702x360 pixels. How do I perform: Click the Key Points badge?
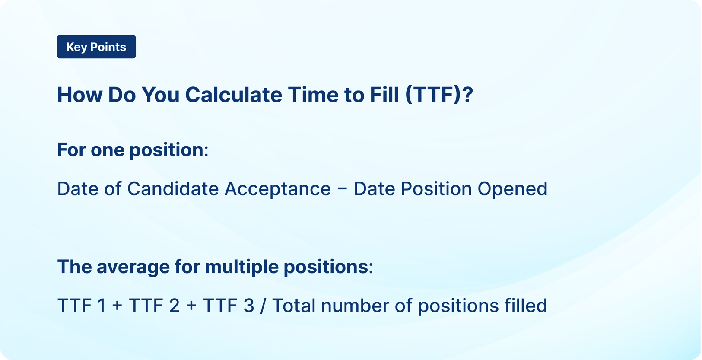pyautogui.click(x=96, y=47)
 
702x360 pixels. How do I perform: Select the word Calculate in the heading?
pyautogui.click(x=233, y=95)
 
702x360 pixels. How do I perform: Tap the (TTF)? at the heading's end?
pyautogui.click(x=439, y=95)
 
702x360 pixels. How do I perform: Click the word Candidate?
pyautogui.click(x=173, y=189)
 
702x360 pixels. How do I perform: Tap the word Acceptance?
pyautogui.click(x=277, y=189)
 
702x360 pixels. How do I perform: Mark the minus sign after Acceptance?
pyautogui.click(x=342, y=189)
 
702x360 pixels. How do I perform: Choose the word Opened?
pyautogui.click(x=512, y=189)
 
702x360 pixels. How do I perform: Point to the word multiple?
pyautogui.click(x=241, y=267)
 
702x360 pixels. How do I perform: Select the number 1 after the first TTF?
pyautogui.click(x=102, y=306)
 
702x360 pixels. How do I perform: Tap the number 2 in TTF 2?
pyautogui.click(x=174, y=306)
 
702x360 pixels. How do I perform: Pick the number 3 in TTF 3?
pyautogui.click(x=249, y=306)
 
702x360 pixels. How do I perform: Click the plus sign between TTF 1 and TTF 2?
pyautogui.click(x=117, y=306)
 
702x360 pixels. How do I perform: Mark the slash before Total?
pyautogui.click(x=263, y=306)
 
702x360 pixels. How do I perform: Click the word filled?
pyautogui.click(x=526, y=306)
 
